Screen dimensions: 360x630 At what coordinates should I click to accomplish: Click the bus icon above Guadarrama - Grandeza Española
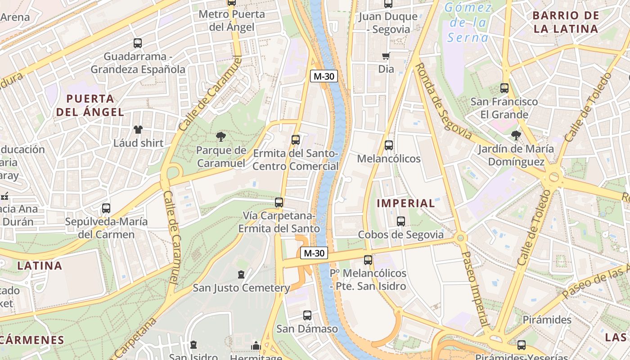138,43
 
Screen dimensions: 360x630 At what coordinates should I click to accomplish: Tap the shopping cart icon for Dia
386,56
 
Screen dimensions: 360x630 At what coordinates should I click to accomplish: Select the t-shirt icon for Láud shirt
138,130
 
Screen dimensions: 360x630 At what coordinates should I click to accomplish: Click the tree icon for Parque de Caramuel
220,136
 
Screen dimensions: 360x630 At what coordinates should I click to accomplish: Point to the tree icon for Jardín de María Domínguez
516,135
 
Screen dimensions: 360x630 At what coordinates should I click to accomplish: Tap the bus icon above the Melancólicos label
389,145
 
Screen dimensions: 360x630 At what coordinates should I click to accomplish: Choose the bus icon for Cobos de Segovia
401,221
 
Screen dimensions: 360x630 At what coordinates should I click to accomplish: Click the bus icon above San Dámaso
307,315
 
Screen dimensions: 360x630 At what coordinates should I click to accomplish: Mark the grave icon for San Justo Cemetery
241,274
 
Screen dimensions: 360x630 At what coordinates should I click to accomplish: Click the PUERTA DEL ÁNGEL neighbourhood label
90,105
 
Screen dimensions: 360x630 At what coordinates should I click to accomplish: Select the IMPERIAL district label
406,203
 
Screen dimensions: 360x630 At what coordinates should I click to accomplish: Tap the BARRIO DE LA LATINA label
565,22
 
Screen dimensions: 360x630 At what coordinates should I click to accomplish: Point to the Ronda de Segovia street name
443,101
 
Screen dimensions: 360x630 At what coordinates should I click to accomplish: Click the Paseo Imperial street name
475,288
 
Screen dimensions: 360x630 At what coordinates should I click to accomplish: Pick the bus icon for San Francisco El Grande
504,88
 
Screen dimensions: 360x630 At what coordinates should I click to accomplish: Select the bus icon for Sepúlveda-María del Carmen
106,208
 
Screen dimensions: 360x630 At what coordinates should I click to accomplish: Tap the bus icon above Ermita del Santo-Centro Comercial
296,139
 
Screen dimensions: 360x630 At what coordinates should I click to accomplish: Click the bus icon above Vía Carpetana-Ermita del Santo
279,202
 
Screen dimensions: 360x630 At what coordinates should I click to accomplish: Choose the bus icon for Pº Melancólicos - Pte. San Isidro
368,260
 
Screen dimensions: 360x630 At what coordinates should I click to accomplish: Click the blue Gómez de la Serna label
468,22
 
